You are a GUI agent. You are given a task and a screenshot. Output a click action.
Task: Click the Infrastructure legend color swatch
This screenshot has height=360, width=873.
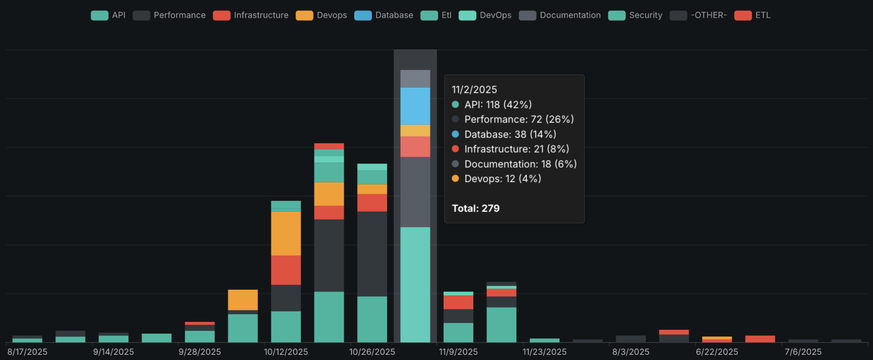(x=221, y=15)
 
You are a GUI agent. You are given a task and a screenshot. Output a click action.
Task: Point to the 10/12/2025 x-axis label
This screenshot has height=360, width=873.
(x=286, y=352)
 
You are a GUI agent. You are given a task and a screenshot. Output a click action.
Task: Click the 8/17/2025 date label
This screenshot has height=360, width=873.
(x=27, y=352)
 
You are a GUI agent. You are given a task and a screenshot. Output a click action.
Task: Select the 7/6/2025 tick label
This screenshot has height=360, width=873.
(x=803, y=352)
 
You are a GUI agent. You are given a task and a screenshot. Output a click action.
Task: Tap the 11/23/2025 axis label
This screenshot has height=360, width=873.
(x=544, y=352)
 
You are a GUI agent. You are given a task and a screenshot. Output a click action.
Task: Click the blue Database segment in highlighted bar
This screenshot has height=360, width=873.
(x=415, y=106)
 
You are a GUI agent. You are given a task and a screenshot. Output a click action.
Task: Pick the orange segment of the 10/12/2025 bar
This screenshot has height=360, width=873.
(x=286, y=233)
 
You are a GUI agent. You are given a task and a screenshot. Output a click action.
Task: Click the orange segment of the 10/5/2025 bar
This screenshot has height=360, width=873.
(x=243, y=300)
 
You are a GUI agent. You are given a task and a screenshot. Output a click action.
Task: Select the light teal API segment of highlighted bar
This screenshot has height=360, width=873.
(x=415, y=284)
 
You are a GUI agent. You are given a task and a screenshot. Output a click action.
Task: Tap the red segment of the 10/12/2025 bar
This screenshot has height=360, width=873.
(x=286, y=270)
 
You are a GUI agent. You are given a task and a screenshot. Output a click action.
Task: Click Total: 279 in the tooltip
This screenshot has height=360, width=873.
(x=476, y=208)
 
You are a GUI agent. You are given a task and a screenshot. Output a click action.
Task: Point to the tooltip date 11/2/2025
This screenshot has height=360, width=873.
(x=474, y=90)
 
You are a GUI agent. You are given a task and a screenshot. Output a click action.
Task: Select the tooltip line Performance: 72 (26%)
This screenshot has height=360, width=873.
(x=519, y=119)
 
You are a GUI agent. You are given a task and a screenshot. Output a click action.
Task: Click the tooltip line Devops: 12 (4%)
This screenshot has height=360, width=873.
(x=502, y=179)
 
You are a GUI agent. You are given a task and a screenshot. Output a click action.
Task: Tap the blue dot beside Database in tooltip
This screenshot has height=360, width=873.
(x=455, y=134)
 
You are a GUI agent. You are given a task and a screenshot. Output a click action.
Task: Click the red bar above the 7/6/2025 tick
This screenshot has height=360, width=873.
(x=760, y=339)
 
